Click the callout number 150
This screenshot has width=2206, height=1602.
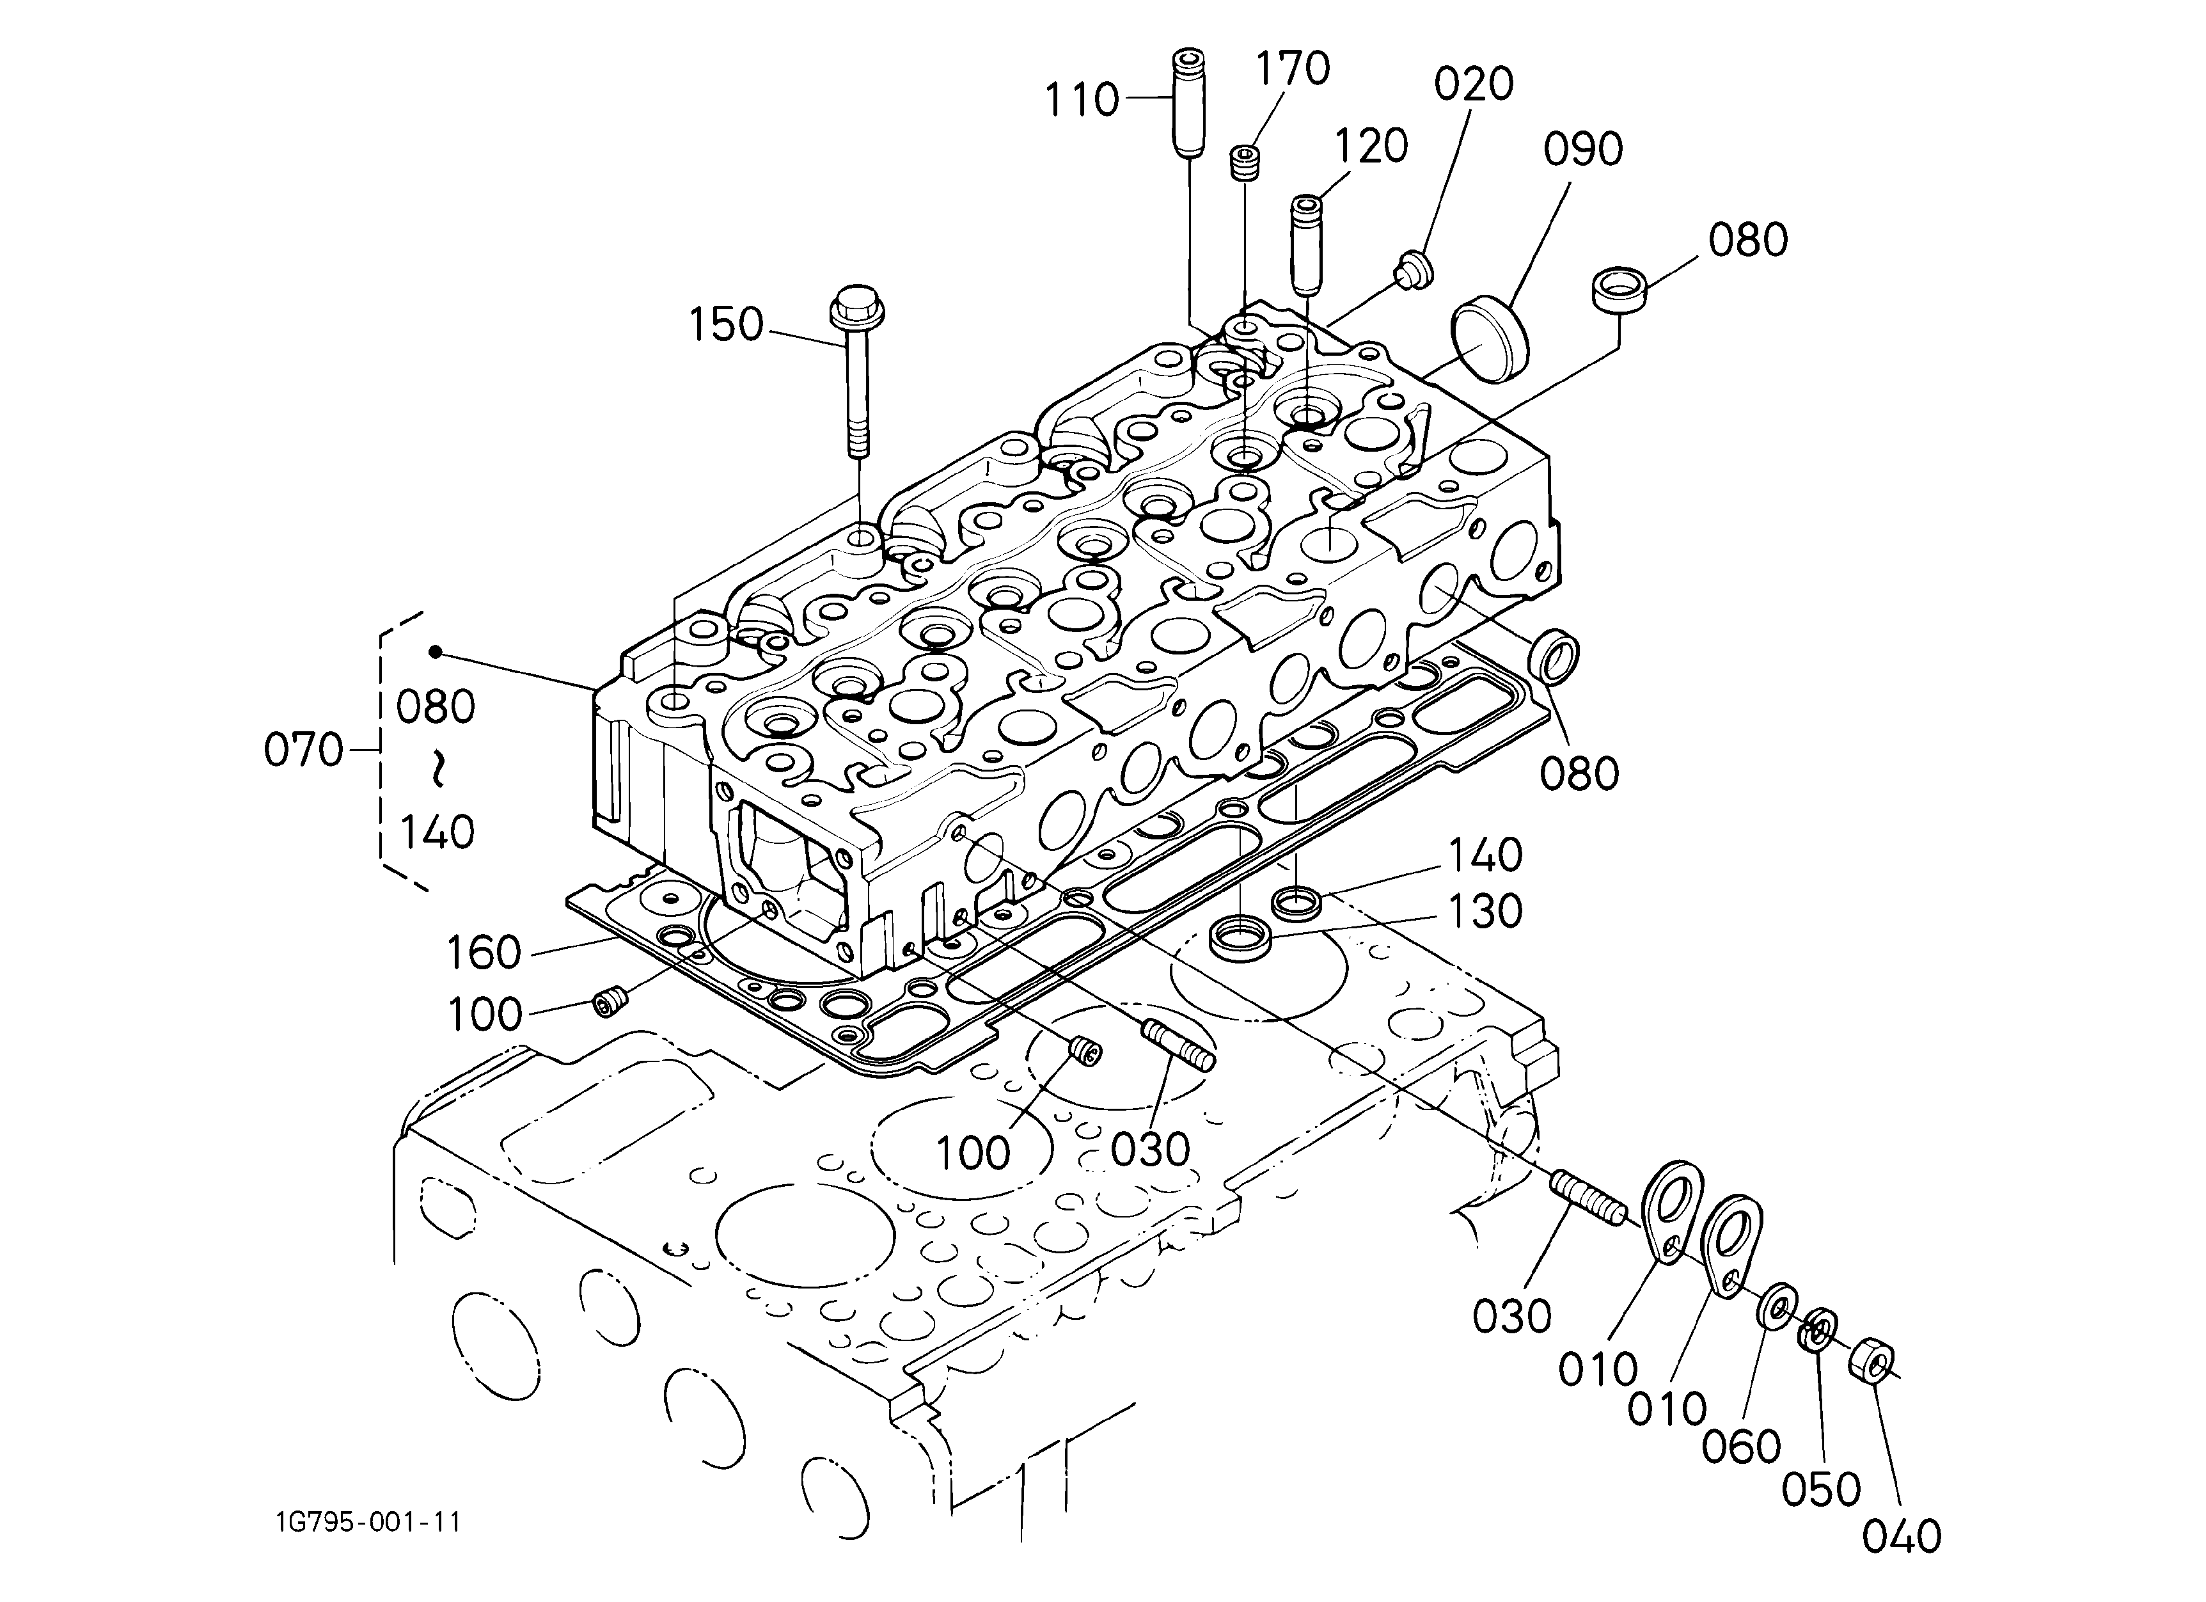pos(725,325)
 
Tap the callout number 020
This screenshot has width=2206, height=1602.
pos(1474,84)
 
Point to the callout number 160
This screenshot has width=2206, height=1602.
pos(484,952)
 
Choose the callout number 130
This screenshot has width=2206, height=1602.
pos(1485,912)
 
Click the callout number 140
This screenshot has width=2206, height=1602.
pos(1485,856)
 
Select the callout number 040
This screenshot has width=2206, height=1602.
pos(1902,1536)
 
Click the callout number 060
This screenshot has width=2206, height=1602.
pos(1741,1447)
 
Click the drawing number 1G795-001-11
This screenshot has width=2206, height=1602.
pos(368,1521)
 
